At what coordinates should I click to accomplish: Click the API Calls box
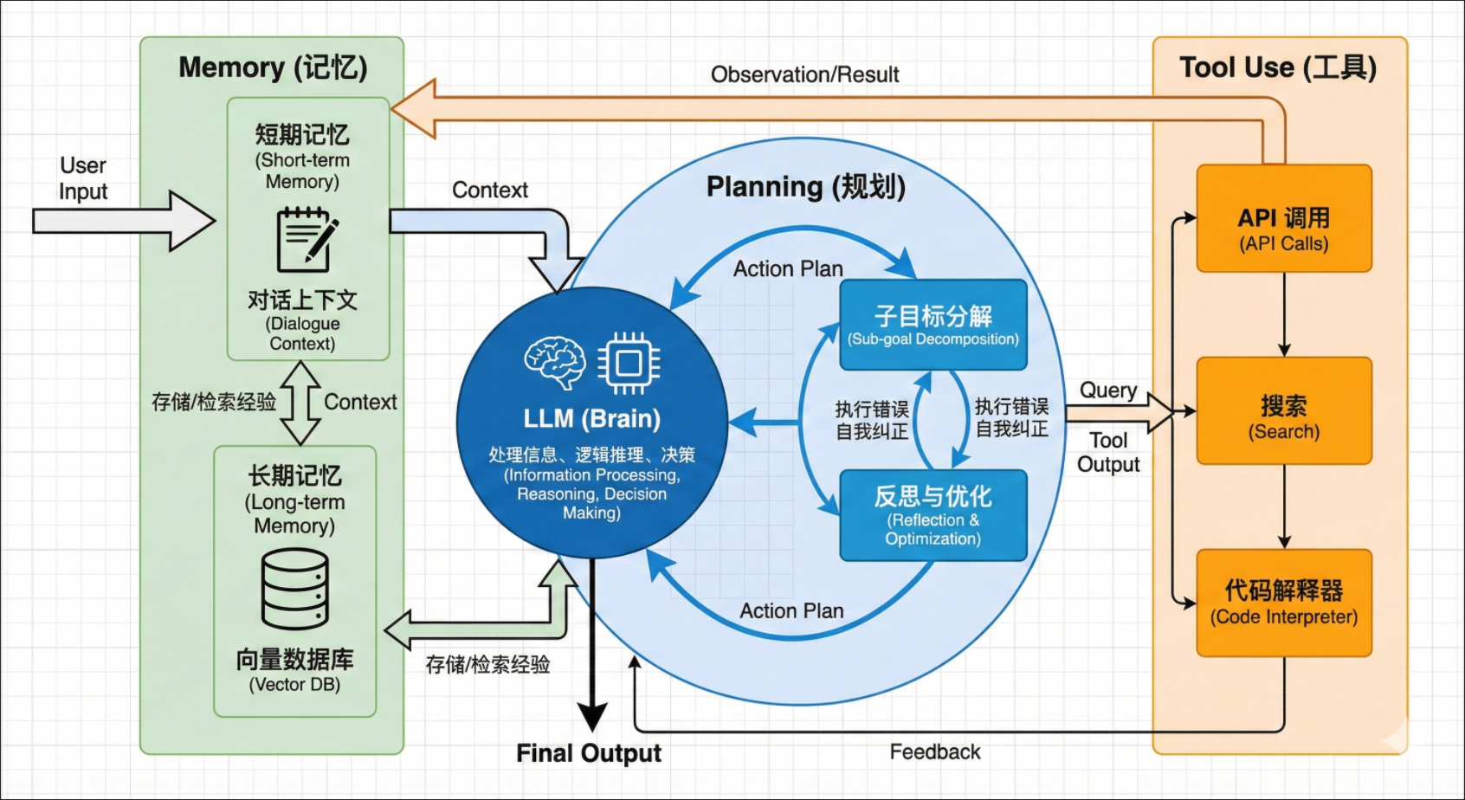coord(1283,219)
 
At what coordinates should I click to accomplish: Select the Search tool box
coord(1283,411)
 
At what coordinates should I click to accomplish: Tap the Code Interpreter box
coord(1283,603)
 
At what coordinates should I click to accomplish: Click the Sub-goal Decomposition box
coord(933,325)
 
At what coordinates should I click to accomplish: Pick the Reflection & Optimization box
coord(933,515)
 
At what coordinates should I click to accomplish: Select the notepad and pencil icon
coord(306,240)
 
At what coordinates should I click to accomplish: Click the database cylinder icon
coord(295,589)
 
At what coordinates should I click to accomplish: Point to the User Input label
coord(83,178)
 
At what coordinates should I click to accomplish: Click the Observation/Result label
coord(804,75)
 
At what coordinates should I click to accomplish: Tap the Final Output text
coord(589,753)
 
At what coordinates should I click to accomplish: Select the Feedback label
coord(935,752)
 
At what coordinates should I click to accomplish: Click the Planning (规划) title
coord(805,187)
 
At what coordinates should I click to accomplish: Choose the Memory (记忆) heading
coord(273,68)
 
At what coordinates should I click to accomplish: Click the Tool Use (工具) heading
coord(1278,68)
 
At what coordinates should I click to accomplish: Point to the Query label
coord(1108,390)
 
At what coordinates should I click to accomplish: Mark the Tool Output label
coord(1108,452)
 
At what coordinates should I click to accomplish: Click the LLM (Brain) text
coord(592,419)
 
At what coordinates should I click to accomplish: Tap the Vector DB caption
coord(294,685)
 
